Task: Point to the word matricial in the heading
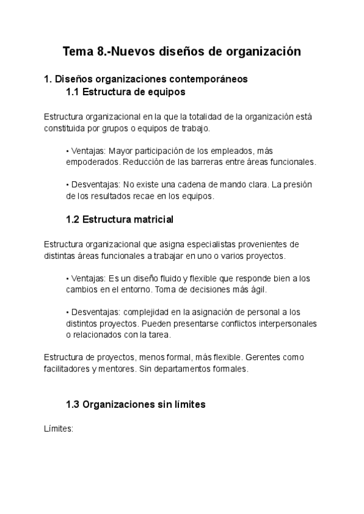[153, 218]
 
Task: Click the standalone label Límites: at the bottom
[58, 429]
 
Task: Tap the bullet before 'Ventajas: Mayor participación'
[67, 151]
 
